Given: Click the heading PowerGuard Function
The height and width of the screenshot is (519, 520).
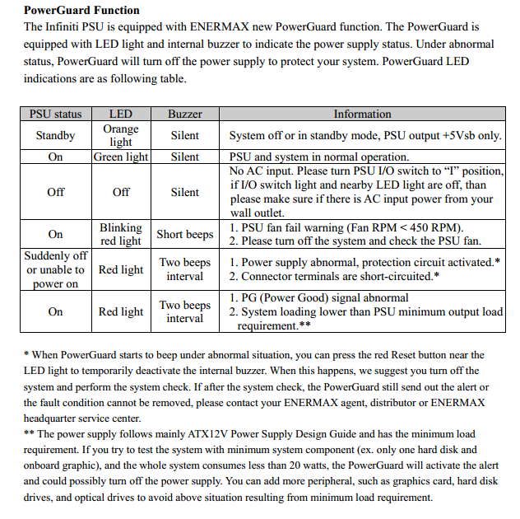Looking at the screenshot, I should pos(81,11).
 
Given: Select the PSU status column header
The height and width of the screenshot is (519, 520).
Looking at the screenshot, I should pos(55,115).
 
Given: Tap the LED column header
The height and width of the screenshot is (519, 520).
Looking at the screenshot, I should pos(121,115).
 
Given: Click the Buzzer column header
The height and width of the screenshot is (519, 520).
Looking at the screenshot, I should pos(184,115).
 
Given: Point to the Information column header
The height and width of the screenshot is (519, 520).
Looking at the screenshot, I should pos(362,115).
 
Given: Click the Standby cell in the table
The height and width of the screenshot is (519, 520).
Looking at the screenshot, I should pos(55,135).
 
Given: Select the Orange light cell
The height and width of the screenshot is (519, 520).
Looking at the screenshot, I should pos(121,135).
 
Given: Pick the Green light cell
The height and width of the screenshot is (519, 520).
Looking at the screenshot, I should pos(121,157).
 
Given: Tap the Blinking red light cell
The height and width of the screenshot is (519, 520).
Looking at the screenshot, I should pos(121,234).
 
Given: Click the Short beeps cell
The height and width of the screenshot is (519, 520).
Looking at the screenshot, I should pos(184,234).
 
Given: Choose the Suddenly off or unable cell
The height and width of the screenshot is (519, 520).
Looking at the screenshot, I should pos(55,269).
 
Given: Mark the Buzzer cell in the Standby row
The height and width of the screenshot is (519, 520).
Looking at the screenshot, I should pos(184,135).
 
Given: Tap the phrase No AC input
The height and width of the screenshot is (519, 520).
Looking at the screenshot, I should pos(259,171).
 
